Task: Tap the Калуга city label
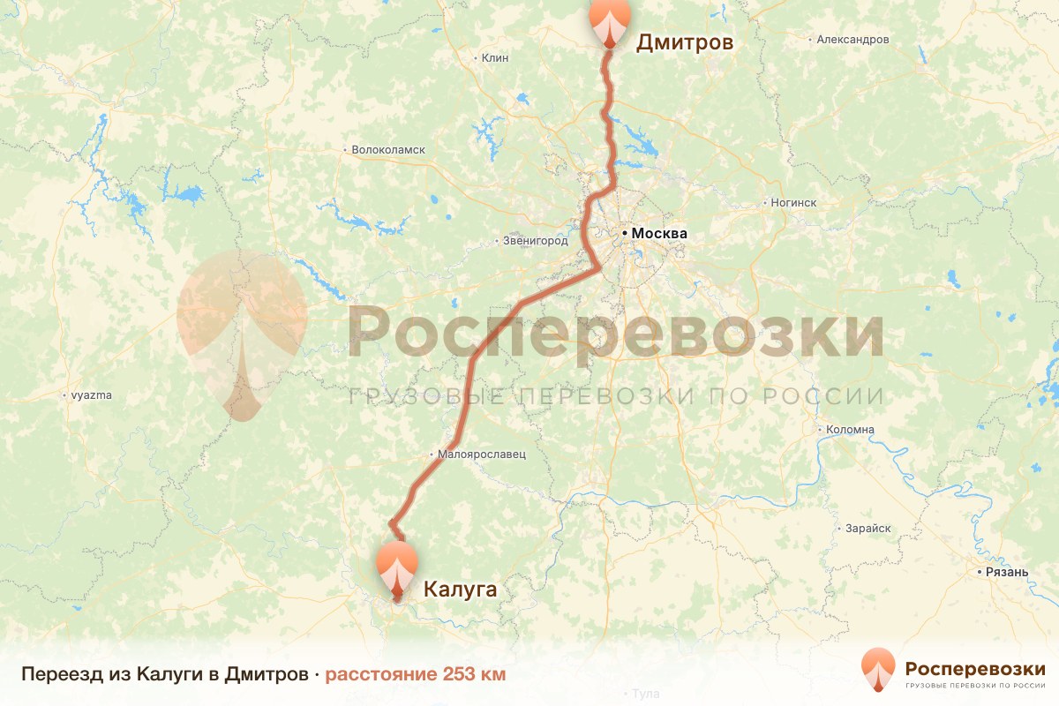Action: tap(461, 589)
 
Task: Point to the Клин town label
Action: tap(495, 58)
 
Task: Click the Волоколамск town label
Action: tap(388, 150)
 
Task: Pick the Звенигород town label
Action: tap(535, 240)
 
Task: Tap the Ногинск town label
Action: tap(793, 203)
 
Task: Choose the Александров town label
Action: tap(852, 40)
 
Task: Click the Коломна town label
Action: tap(850, 430)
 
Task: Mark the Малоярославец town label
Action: tap(482, 454)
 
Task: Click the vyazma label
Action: tap(92, 395)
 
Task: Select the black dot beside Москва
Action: tap(625, 234)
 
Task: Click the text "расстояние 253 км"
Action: tap(416, 674)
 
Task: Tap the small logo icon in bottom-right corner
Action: tap(879, 671)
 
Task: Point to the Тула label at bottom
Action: tap(645, 694)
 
